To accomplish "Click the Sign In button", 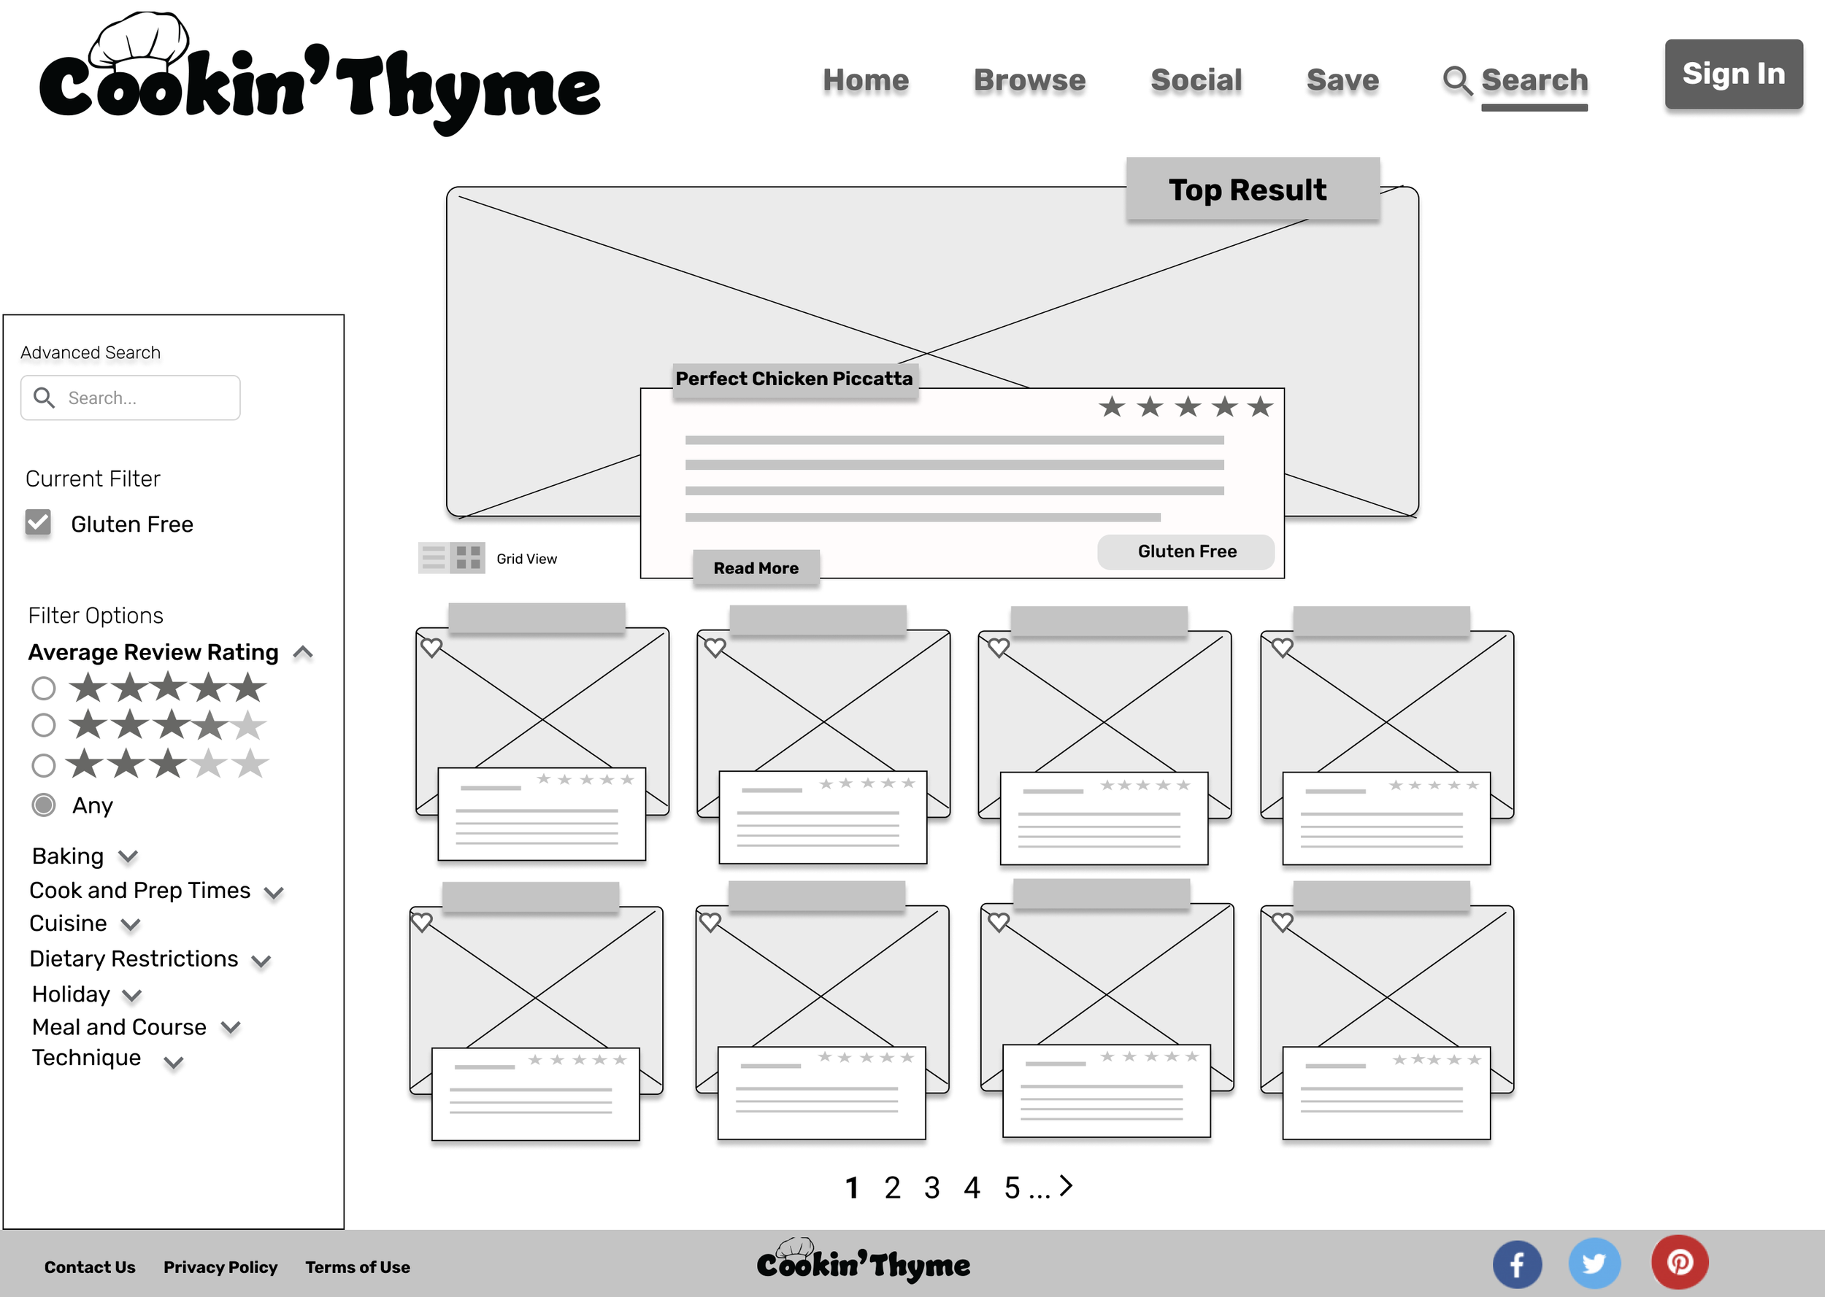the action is tap(1732, 74).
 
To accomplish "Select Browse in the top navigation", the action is tap(1029, 80).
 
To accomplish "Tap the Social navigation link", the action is tap(1195, 80).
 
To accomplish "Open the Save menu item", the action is tap(1342, 80).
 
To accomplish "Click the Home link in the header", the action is tap(865, 80).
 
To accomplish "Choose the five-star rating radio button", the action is tap(44, 688).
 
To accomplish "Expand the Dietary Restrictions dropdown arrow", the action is tap(261, 961).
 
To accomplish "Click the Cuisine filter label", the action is tap(68, 924).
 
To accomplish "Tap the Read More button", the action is tap(755, 568).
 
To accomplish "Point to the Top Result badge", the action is tap(1251, 189).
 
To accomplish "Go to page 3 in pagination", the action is tap(931, 1188).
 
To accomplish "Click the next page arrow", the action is tap(1066, 1186).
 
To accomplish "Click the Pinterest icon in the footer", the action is tap(1679, 1263).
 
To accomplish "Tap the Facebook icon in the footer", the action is tap(1515, 1264).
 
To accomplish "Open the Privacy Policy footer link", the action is tap(220, 1267).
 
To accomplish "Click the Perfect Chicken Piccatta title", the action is tap(794, 379).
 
